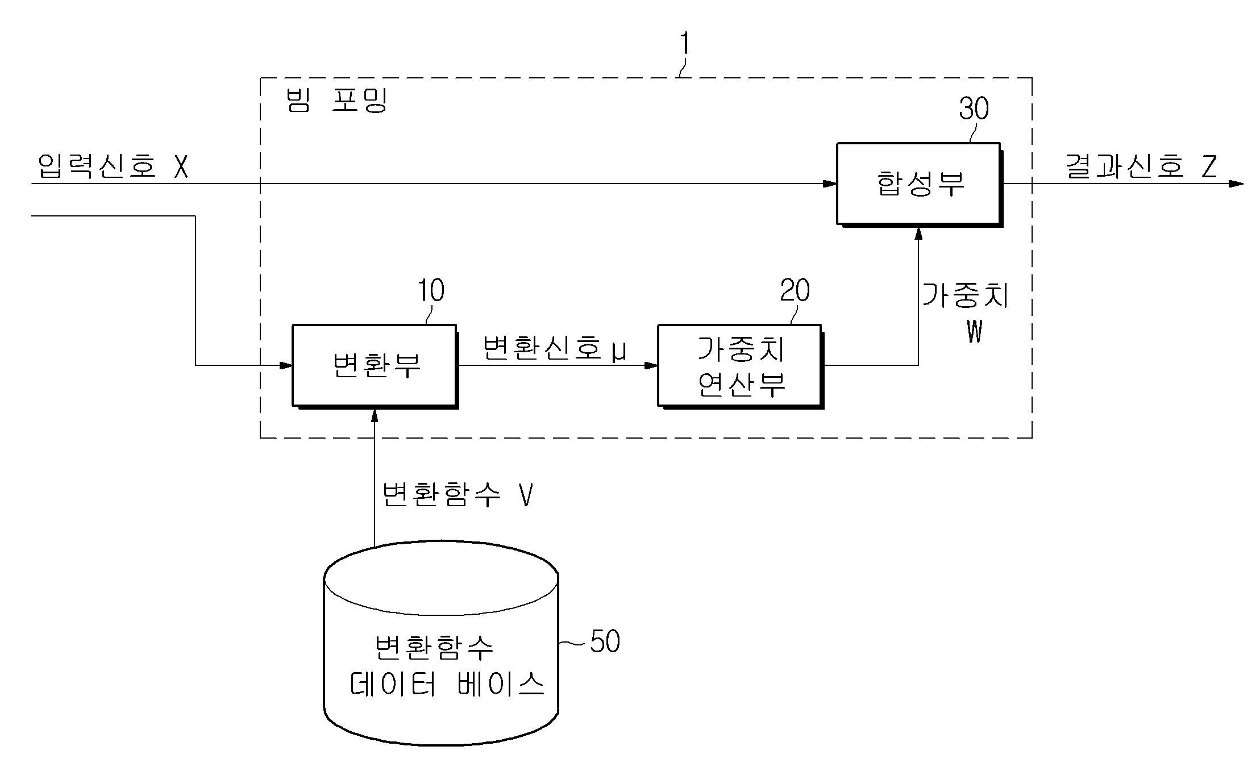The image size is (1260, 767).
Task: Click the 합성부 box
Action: click(918, 184)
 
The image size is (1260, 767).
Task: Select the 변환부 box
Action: click(375, 366)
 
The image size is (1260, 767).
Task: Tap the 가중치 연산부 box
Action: click(741, 366)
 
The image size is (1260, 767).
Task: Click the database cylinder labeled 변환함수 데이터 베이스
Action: click(441, 643)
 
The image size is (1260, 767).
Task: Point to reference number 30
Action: click(974, 108)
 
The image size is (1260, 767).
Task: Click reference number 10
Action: click(431, 290)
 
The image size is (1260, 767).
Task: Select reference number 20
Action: click(795, 290)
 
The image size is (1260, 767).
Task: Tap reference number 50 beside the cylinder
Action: click(605, 641)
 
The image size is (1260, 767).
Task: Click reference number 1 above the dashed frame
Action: click(685, 43)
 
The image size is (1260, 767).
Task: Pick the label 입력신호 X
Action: click(113, 166)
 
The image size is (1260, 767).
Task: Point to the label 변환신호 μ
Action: click(554, 348)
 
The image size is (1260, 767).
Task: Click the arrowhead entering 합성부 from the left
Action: click(830, 184)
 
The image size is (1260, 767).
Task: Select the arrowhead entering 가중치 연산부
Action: click(651, 365)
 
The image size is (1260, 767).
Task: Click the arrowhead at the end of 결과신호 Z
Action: click(1236, 184)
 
